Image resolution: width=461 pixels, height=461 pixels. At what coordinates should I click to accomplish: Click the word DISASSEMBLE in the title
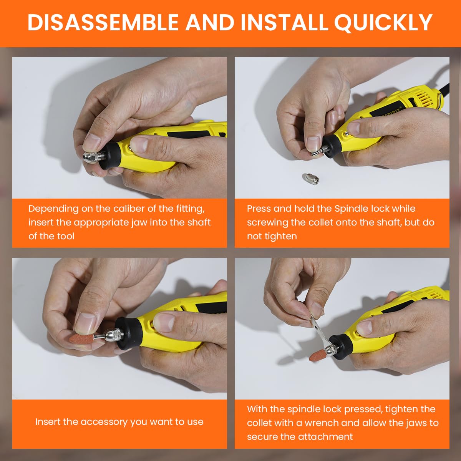tap(103, 22)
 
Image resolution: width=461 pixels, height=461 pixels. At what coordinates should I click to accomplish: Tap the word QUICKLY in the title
tap(383, 23)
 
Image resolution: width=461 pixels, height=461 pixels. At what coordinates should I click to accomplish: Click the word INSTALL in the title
tap(285, 22)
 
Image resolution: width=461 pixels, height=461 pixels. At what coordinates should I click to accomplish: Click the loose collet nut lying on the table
tap(311, 179)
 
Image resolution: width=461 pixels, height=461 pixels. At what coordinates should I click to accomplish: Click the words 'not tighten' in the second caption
tap(272, 236)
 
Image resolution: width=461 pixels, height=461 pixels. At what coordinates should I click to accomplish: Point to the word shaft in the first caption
tap(199, 222)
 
